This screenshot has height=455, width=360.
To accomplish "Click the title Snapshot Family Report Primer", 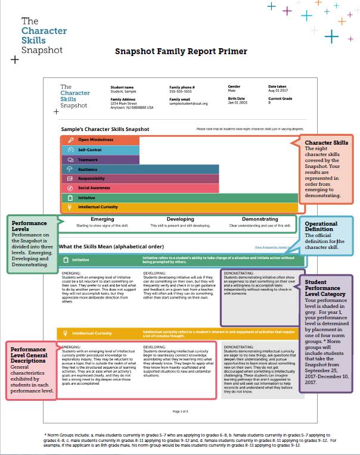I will point(181,51).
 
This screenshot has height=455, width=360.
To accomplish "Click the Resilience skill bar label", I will point(88,169).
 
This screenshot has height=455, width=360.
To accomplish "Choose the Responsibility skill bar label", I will point(92,178).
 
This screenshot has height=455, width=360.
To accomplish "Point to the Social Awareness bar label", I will point(94,188).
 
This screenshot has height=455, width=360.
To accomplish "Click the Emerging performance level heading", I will point(103,219).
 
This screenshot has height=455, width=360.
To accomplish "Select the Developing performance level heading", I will point(180,219).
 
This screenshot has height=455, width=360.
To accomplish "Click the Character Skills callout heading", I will point(326,143).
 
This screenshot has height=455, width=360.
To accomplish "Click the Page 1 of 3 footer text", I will point(180,411).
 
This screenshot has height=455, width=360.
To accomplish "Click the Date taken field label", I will point(277,86).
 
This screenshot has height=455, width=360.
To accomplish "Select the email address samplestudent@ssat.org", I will point(188,103).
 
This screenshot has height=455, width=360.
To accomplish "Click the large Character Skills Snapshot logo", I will point(41,36).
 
